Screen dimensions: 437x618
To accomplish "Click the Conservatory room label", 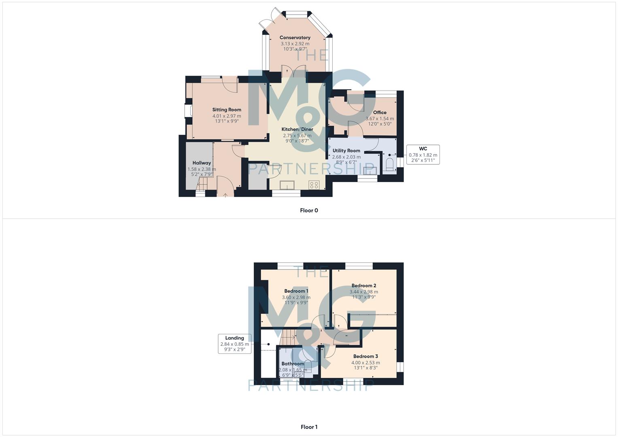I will tap(295, 38).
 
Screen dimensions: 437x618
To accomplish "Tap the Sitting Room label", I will tap(227, 110).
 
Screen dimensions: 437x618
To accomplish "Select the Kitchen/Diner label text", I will tap(297, 129).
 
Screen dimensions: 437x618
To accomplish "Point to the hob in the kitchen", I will tap(314, 185).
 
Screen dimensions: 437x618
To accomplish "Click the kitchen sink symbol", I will tap(287, 185).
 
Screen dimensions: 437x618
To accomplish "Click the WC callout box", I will tap(423, 155).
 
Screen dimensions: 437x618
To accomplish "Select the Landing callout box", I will tap(235, 344).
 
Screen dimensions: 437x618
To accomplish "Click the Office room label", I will tap(380, 112).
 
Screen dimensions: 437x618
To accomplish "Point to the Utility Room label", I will tap(346, 151).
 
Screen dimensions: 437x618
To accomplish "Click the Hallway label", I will tap(202, 163).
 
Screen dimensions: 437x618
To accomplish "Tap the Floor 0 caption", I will tap(309, 210).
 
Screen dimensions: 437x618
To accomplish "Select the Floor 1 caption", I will tap(309, 427).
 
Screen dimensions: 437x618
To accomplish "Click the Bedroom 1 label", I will tap(296, 291).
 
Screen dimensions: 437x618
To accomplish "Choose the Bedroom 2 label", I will tap(364, 285).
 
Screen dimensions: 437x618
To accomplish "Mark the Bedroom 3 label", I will tap(365, 356).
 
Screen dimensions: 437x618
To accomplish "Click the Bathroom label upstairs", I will tap(293, 364).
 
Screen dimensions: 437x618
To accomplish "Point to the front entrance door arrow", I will tap(225, 195).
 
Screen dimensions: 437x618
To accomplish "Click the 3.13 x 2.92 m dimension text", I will tap(295, 44).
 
